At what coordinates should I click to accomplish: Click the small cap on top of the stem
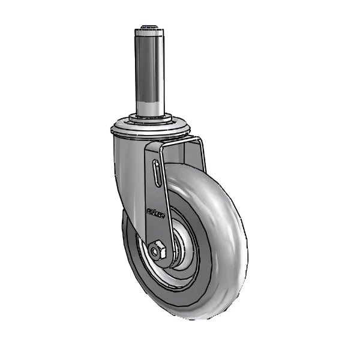148,27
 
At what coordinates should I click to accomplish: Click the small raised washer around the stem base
148,118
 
